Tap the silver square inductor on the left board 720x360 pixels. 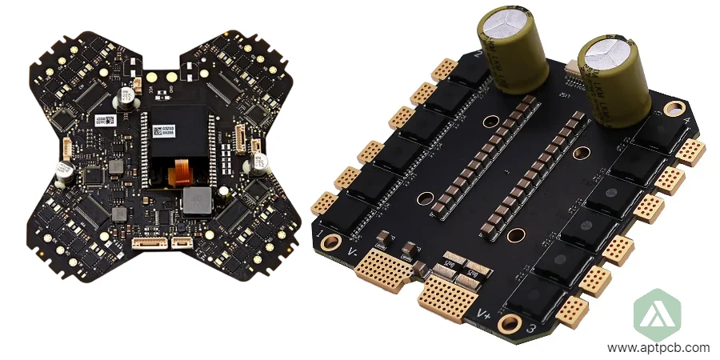[196, 202]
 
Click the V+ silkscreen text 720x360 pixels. [483, 312]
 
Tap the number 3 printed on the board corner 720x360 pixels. [529, 328]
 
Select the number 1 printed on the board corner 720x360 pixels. [322, 233]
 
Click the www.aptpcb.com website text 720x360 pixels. [658, 348]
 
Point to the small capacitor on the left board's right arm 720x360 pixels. [260, 162]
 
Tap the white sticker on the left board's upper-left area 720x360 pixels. [105, 119]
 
